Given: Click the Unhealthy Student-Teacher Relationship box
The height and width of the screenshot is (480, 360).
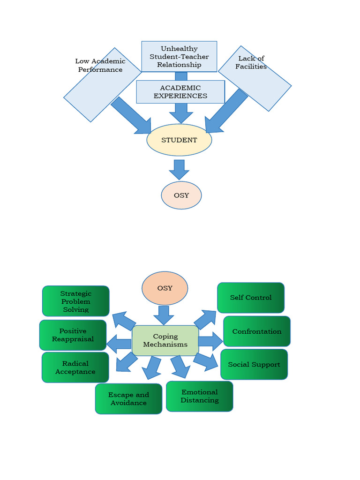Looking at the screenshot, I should (x=179, y=56).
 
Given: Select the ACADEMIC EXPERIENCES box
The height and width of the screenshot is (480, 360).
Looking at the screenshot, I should (x=180, y=91).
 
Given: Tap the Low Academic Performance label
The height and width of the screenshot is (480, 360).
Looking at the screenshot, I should (x=100, y=66).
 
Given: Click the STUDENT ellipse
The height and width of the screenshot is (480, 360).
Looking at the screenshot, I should (x=179, y=140).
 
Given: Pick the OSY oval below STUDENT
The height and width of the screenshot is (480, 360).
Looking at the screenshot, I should (x=181, y=195).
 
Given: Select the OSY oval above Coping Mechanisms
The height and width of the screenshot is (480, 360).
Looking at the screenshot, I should (x=165, y=288).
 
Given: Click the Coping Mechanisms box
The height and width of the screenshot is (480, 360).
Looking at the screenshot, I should (x=165, y=340).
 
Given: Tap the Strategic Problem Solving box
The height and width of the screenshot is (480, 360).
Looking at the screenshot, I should (x=76, y=301).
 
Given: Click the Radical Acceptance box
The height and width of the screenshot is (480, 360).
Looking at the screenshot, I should (x=75, y=367).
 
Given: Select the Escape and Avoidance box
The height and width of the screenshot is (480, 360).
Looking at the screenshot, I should (x=128, y=398).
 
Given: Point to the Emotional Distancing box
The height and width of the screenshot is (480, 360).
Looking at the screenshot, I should (x=200, y=396).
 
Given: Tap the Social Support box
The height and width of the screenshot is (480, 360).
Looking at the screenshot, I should (x=254, y=364).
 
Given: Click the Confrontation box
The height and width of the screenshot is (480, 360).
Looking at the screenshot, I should (x=257, y=331).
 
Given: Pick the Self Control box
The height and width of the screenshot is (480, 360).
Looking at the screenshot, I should (x=251, y=298).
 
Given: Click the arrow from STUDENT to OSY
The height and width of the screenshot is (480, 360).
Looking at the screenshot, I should (x=179, y=169).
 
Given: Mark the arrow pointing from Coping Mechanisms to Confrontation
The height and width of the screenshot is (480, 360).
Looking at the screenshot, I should (x=210, y=341).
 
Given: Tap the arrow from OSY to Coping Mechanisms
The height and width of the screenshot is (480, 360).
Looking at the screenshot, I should (x=164, y=315).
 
